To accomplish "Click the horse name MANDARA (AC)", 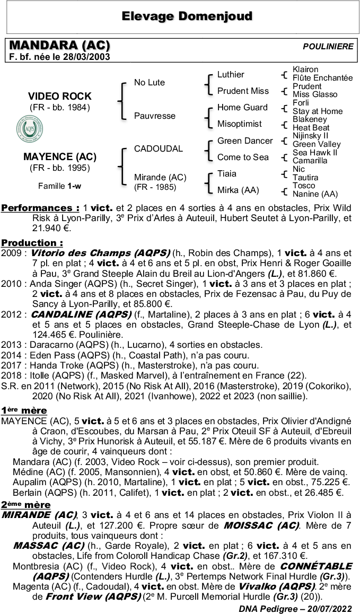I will (59, 46).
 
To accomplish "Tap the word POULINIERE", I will (328, 47).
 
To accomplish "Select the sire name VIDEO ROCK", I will (59, 97).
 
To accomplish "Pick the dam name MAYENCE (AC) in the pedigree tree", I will (59, 157).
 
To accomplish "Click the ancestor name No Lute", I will (149, 82).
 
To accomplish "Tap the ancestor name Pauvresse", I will (154, 116).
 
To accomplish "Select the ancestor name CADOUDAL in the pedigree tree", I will (158, 149).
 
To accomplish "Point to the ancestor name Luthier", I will (231, 74).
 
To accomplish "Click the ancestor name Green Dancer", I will (244, 141).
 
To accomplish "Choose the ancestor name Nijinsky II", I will (310, 136).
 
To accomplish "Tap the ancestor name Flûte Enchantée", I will (322, 78).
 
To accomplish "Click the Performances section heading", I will (40, 208).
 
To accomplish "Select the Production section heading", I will (32, 242).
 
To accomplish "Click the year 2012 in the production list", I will (11, 314).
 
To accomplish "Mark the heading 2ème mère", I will (25, 504).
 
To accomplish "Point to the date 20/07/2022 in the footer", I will (330, 608).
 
